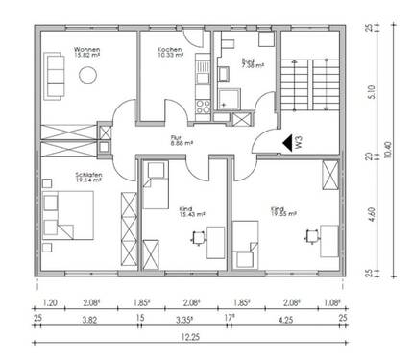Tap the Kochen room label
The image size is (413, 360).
pyautogui.click(x=171, y=47)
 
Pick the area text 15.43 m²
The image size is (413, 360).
pyautogui.click(x=190, y=214)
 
